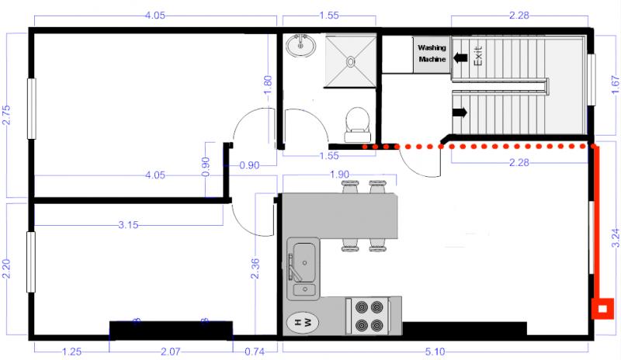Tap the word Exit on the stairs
tap(478, 55)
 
